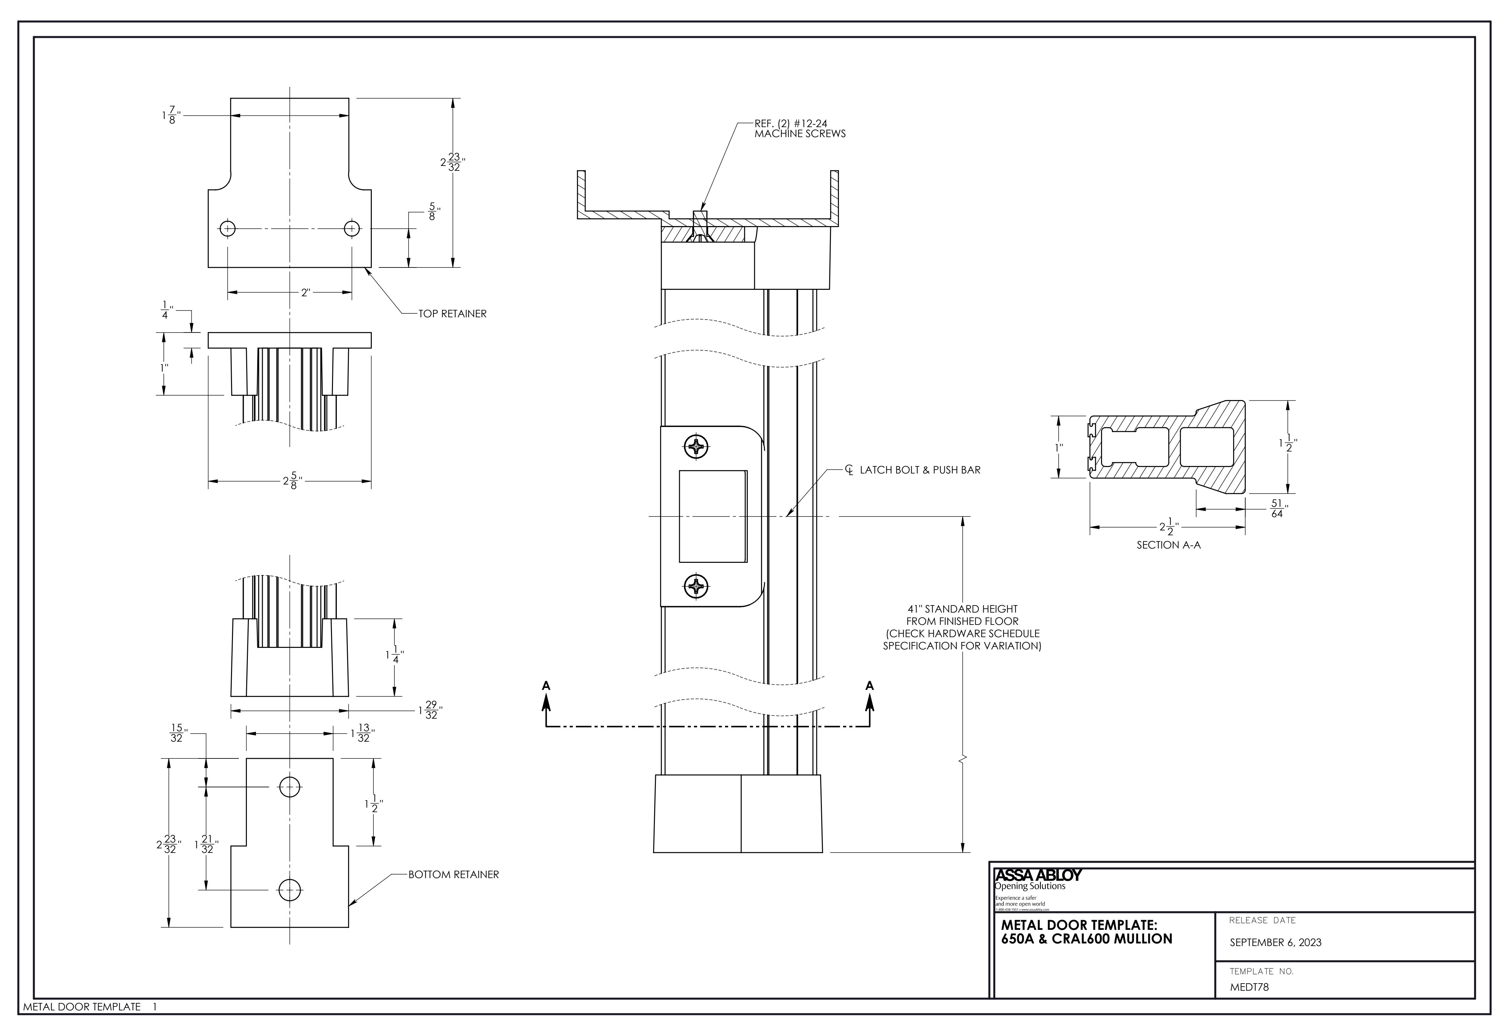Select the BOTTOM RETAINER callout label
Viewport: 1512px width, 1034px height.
(453, 875)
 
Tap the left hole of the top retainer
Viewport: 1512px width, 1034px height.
(227, 229)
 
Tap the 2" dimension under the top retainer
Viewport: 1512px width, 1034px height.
(305, 293)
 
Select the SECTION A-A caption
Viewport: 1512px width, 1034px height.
(1168, 545)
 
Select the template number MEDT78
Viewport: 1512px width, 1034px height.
(1249, 987)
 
